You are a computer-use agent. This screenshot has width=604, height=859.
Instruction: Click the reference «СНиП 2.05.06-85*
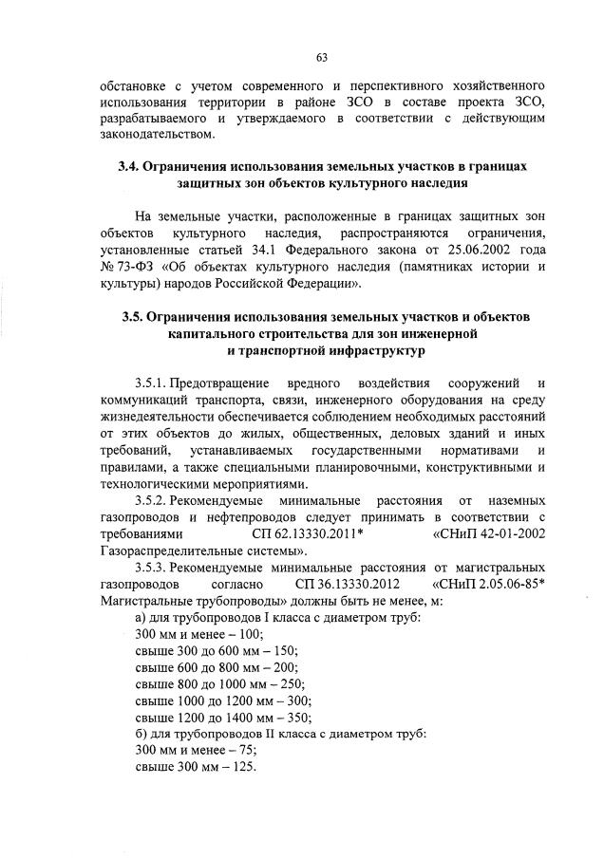pyautogui.click(x=488, y=584)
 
